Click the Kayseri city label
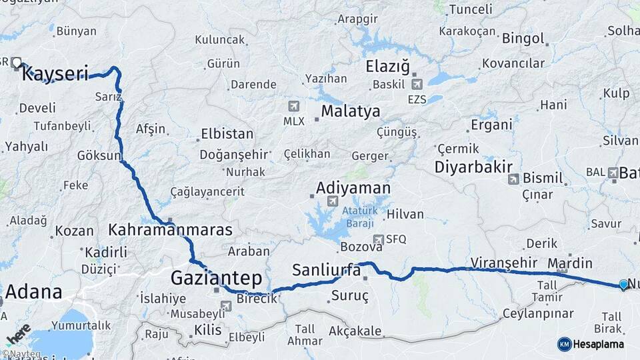point(55,74)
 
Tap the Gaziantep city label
point(216,277)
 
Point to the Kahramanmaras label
point(170,230)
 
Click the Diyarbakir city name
point(473,167)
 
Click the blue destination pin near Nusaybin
point(623,285)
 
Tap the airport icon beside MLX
point(294,106)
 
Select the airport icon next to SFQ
point(379,239)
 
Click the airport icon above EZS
point(417,84)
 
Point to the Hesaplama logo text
point(599,344)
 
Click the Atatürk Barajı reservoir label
point(359,217)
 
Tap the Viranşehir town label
point(503,261)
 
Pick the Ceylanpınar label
point(538,313)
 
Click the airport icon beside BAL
point(613,172)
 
